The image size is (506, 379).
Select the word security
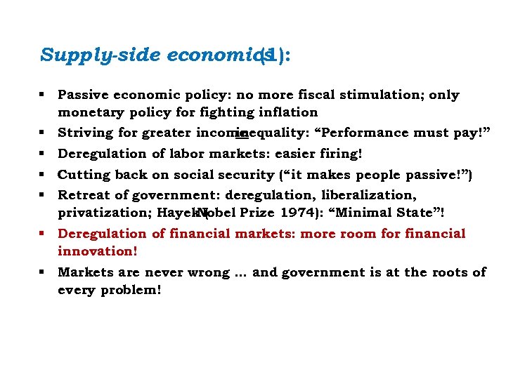coord(248,174)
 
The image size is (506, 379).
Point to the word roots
coord(446,272)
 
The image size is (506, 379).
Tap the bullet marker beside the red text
coord(44,234)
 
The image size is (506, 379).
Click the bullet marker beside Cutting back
coord(44,174)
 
